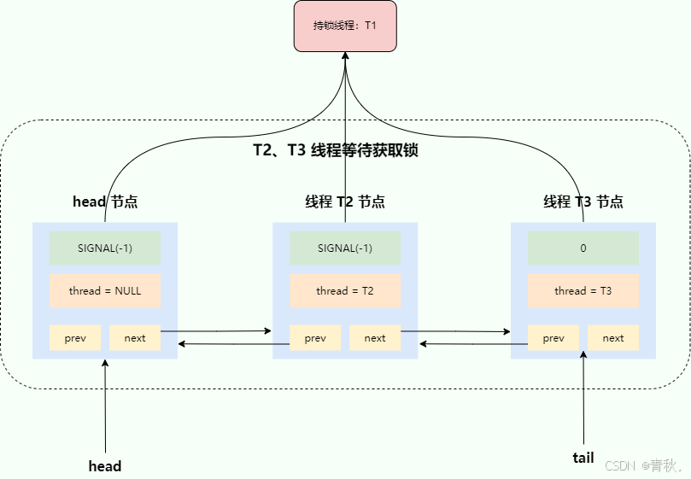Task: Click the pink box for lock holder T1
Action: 345,26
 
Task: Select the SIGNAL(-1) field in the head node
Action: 105,248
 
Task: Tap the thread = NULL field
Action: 105,290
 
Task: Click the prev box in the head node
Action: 75,338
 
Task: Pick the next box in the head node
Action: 135,338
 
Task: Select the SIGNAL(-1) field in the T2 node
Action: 345,248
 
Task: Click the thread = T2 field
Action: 345,290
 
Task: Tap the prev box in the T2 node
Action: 315,338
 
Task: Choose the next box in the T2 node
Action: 375,338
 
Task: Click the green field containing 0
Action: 583,248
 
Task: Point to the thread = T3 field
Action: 583,290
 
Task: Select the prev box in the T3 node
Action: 553,338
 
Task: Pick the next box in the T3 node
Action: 613,338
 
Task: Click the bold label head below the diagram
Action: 105,466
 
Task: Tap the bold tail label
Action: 583,458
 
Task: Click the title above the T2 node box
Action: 345,202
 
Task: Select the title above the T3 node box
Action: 583,202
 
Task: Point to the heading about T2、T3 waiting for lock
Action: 335,150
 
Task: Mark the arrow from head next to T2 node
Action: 216,330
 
